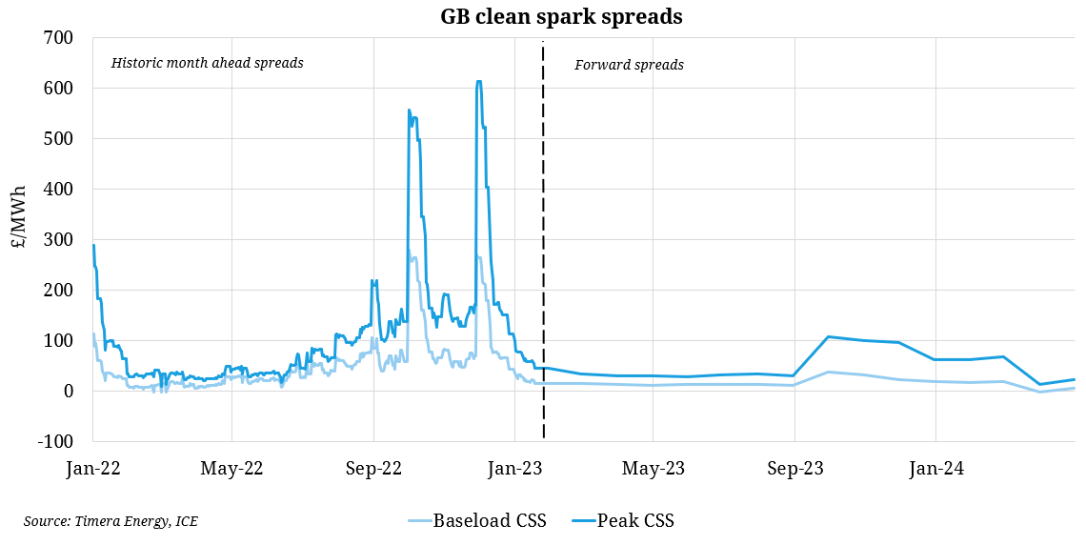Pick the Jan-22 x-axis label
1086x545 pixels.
click(x=92, y=469)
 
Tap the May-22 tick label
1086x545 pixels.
click(x=232, y=469)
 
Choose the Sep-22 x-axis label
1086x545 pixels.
click(x=373, y=469)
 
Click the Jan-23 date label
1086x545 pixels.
click(x=514, y=469)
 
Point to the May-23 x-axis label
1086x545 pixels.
click(x=654, y=469)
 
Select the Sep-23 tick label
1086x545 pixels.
click(x=794, y=469)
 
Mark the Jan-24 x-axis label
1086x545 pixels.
click(x=935, y=469)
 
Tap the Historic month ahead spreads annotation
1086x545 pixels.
click(x=207, y=63)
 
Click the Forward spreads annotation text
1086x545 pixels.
click(x=629, y=65)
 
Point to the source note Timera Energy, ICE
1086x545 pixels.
click(x=111, y=520)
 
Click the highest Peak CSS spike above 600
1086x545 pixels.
click(x=478, y=82)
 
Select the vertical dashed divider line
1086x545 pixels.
click(x=543, y=238)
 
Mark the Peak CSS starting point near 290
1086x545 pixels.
click(x=93, y=245)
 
